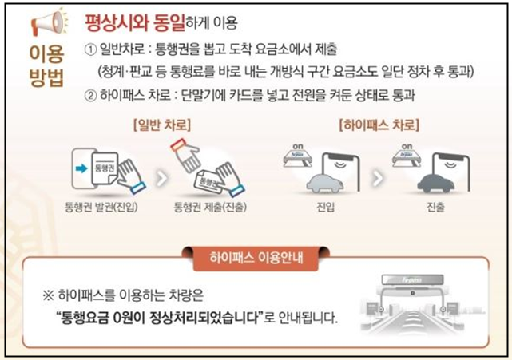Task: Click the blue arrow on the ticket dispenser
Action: click(x=81, y=168)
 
